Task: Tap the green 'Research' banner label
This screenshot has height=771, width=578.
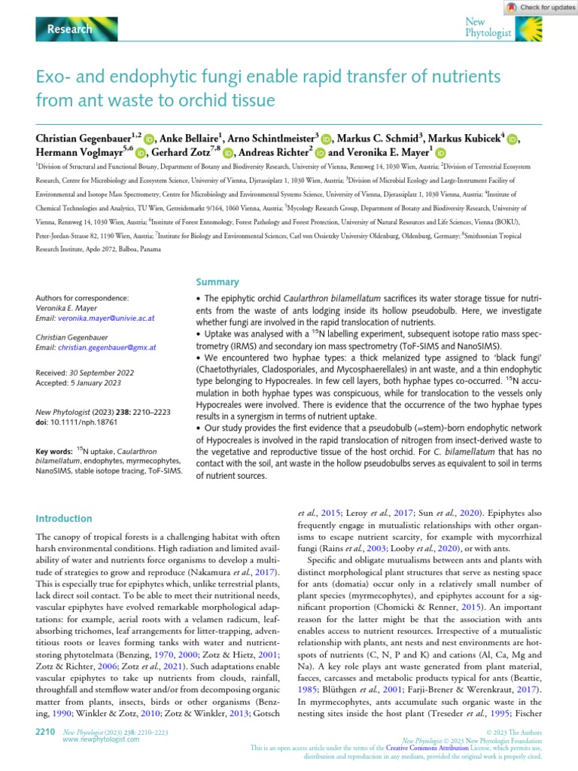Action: coord(69,29)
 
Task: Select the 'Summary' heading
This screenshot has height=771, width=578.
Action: coord(218,282)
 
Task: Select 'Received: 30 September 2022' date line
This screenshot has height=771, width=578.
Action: coord(88,373)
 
